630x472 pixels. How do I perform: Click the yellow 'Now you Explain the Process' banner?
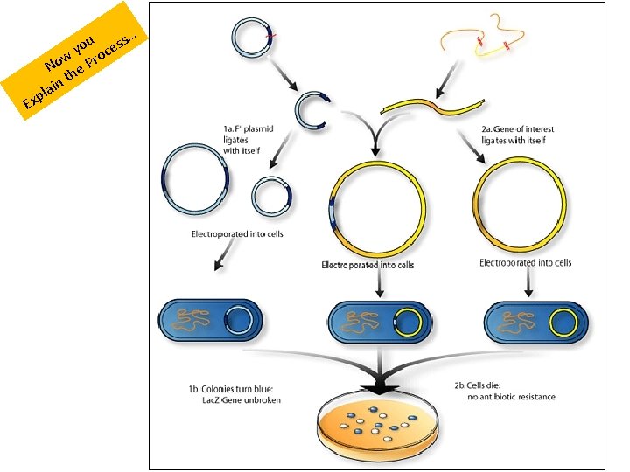(74, 60)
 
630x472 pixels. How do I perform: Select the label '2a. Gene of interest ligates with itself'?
(517, 135)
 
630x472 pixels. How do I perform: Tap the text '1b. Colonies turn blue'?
(231, 389)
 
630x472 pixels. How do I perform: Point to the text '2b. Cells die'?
(478, 385)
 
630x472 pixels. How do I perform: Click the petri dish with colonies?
(377, 429)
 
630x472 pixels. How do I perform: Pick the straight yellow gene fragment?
(432, 106)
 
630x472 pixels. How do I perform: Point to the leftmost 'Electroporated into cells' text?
(237, 234)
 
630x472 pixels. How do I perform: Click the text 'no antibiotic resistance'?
(512, 397)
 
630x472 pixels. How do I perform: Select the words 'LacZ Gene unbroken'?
(241, 400)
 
